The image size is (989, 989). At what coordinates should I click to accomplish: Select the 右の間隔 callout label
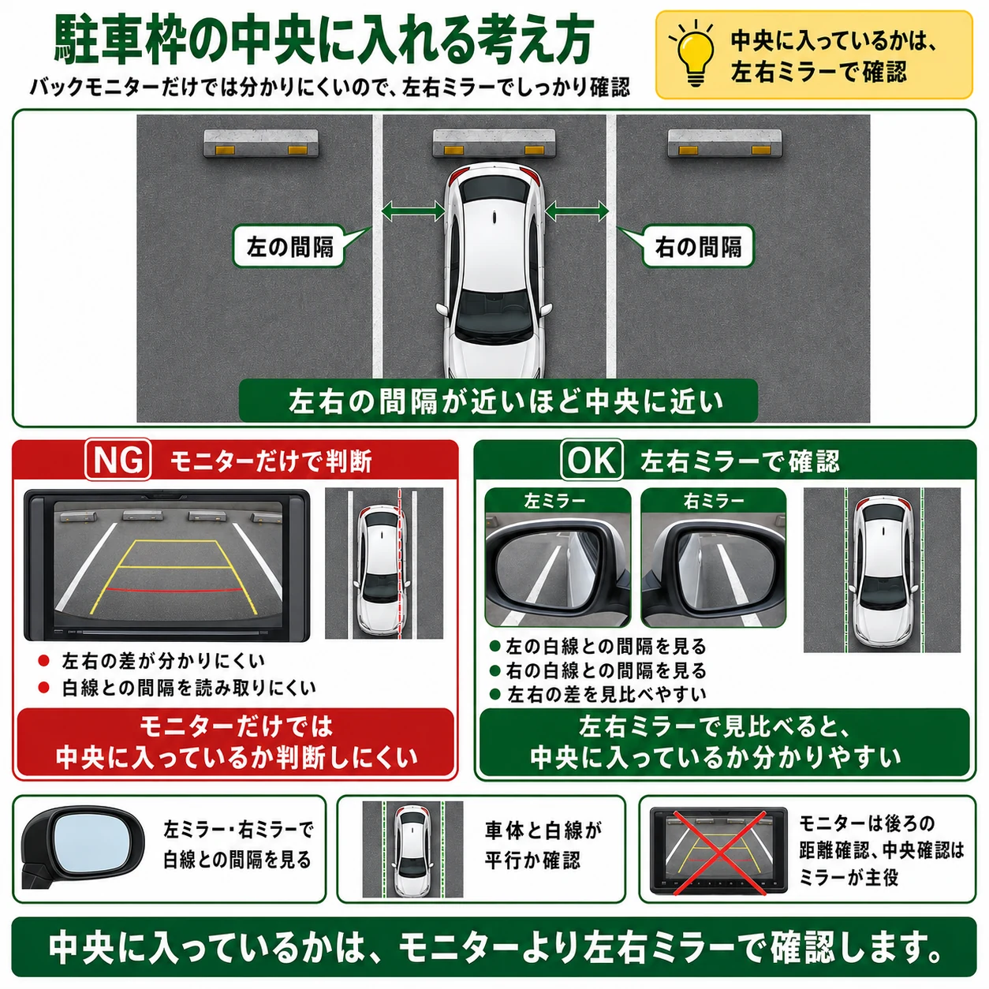(697, 247)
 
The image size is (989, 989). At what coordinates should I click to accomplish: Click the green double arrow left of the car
(413, 211)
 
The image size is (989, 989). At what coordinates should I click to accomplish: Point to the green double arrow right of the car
(577, 211)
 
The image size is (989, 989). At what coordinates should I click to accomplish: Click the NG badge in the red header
(118, 459)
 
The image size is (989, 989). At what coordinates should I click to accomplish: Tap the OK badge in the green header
(592, 459)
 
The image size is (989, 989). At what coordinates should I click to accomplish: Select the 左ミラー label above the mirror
(554, 500)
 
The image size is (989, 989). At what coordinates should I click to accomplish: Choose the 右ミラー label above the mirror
(714, 500)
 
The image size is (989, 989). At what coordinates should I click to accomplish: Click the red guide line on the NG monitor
(174, 590)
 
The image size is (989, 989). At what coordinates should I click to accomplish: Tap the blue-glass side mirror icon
(82, 849)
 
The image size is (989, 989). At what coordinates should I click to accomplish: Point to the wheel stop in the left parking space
(261, 143)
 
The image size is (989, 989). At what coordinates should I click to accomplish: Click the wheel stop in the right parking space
(725, 143)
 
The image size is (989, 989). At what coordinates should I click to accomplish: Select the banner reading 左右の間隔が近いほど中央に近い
(498, 401)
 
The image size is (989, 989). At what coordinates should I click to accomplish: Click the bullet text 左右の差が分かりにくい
(163, 661)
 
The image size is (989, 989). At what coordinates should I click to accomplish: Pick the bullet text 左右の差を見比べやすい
(606, 694)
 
